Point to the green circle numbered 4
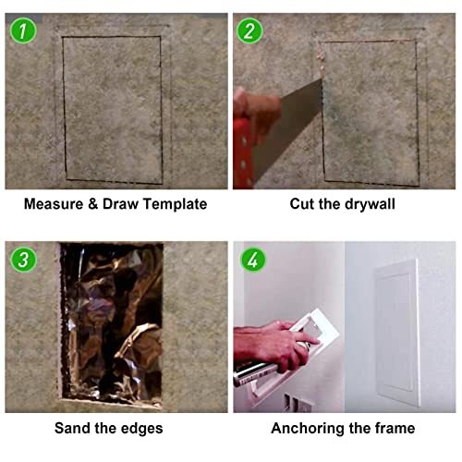tap(249, 259)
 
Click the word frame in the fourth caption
tap(395, 428)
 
